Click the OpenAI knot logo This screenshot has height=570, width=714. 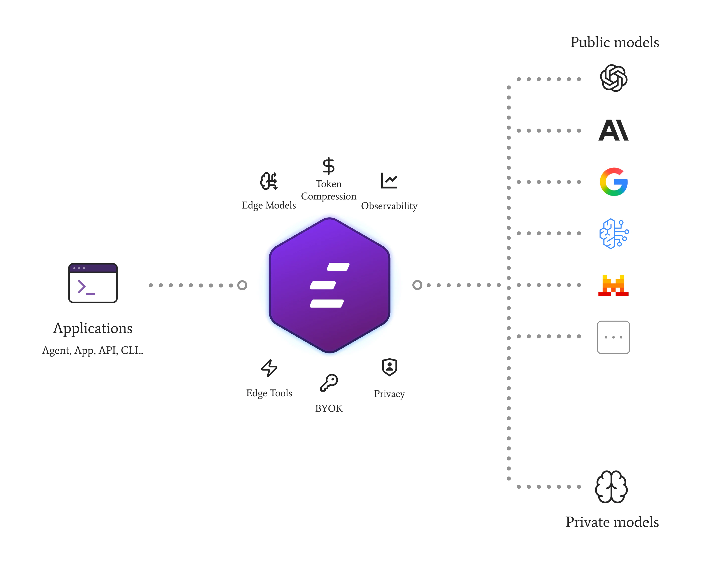613,78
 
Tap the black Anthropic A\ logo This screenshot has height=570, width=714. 613,130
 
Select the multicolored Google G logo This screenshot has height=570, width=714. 614,182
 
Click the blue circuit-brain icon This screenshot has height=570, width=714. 614,233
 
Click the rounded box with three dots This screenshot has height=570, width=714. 613,337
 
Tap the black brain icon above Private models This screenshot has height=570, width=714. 611,487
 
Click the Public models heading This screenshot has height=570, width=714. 614,42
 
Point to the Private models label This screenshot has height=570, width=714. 612,522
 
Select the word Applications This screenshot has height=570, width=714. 93,328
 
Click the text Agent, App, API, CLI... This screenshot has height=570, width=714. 93,350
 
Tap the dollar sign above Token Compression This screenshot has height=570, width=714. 328,166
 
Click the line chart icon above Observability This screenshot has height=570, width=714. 389,181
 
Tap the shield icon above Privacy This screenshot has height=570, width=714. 390,367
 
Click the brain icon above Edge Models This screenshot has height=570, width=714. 269,181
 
